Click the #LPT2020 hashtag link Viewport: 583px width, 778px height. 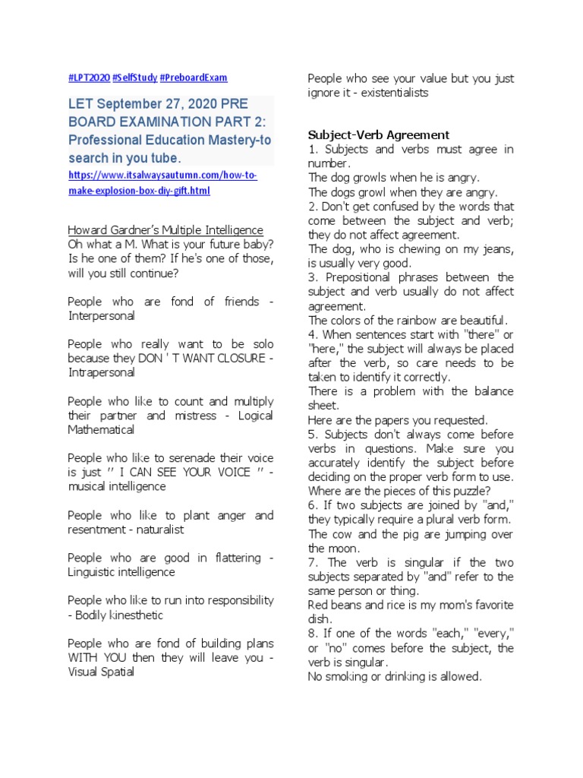(88, 77)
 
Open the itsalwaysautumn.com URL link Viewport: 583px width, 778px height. (162, 182)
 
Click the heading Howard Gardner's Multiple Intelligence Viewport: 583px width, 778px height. (165, 229)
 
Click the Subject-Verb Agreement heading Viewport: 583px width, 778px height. (379, 134)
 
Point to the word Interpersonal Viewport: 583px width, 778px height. (101, 315)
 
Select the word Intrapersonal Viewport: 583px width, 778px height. (101, 372)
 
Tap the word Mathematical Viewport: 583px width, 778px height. (101, 429)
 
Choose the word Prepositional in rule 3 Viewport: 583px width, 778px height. (360, 277)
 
